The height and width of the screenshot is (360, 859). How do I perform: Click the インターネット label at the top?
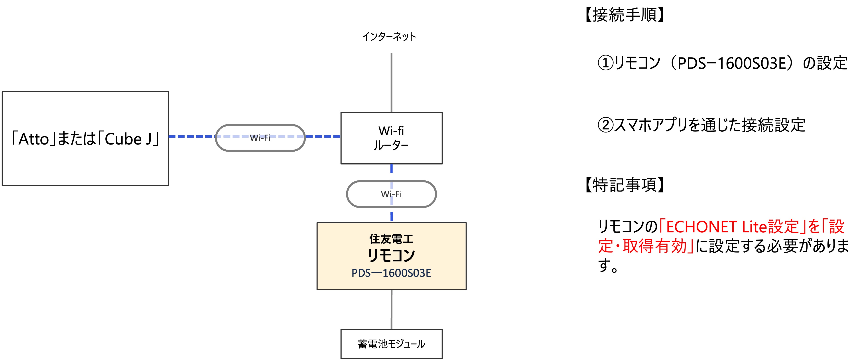(389, 36)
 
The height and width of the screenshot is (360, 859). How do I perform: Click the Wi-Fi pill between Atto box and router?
(260, 138)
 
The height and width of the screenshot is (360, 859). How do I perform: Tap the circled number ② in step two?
(605, 125)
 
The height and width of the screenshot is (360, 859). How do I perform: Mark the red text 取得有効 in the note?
(654, 246)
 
